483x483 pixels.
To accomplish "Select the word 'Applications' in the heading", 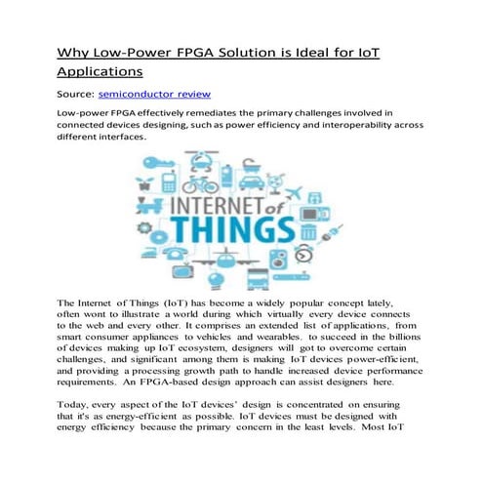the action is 101,71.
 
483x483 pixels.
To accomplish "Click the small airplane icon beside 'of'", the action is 294,193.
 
